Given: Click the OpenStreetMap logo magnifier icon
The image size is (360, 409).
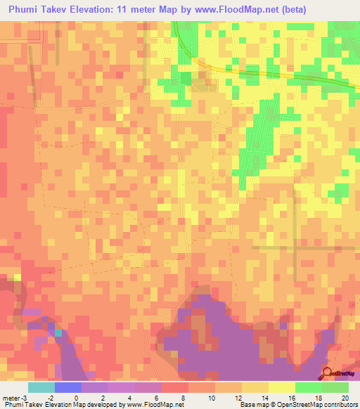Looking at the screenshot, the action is pos(328,373).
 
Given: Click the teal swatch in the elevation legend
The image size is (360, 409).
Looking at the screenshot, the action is pos(41,387).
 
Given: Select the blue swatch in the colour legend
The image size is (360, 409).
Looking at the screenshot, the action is pos(67,387).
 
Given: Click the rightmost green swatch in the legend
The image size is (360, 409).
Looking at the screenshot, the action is pos(335,387).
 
